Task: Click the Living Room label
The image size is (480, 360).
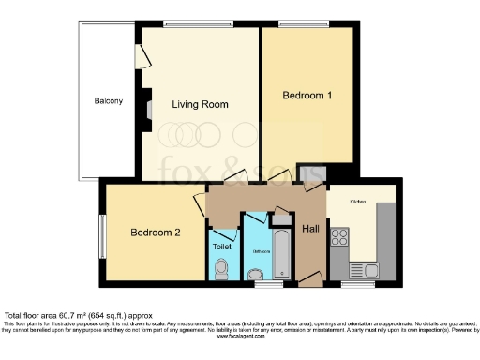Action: tap(200, 105)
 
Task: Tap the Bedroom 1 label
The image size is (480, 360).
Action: tap(307, 96)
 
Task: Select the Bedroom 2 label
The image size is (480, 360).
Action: tap(155, 232)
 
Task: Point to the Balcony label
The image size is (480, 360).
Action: tap(108, 101)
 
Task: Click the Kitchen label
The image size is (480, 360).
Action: tap(359, 202)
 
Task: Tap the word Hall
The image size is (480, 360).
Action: tap(310, 228)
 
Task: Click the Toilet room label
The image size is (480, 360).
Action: tap(222, 247)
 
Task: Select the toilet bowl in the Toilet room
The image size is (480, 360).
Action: tap(222, 269)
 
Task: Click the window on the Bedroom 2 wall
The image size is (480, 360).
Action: tap(103, 232)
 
